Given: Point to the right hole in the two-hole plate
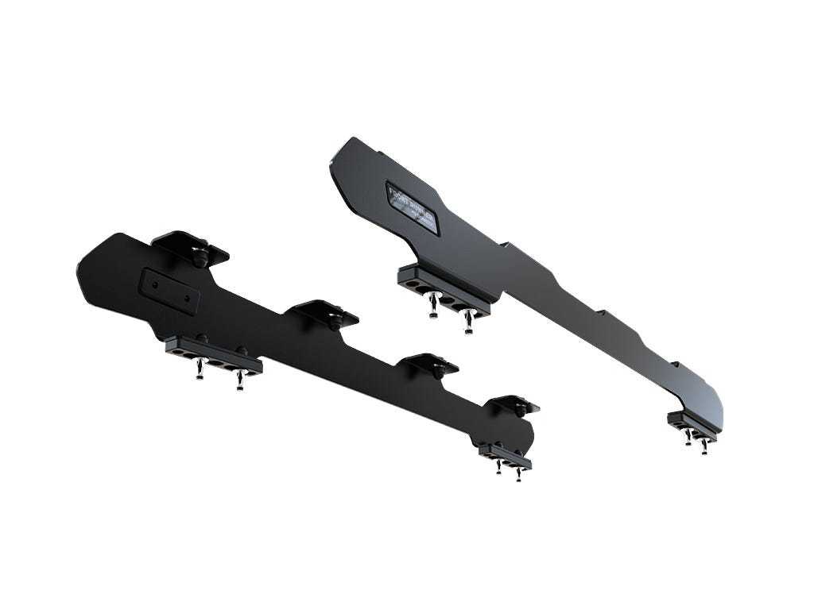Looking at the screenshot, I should (x=187, y=298).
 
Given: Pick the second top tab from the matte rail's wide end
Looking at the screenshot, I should (x=327, y=312).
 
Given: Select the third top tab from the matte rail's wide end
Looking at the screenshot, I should (x=429, y=365).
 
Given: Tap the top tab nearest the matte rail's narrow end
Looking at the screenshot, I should (x=514, y=404).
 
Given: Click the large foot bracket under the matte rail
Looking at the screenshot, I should (x=213, y=352).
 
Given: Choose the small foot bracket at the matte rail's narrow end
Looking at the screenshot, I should (x=506, y=455).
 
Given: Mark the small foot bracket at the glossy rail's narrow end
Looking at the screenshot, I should (x=692, y=425).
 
